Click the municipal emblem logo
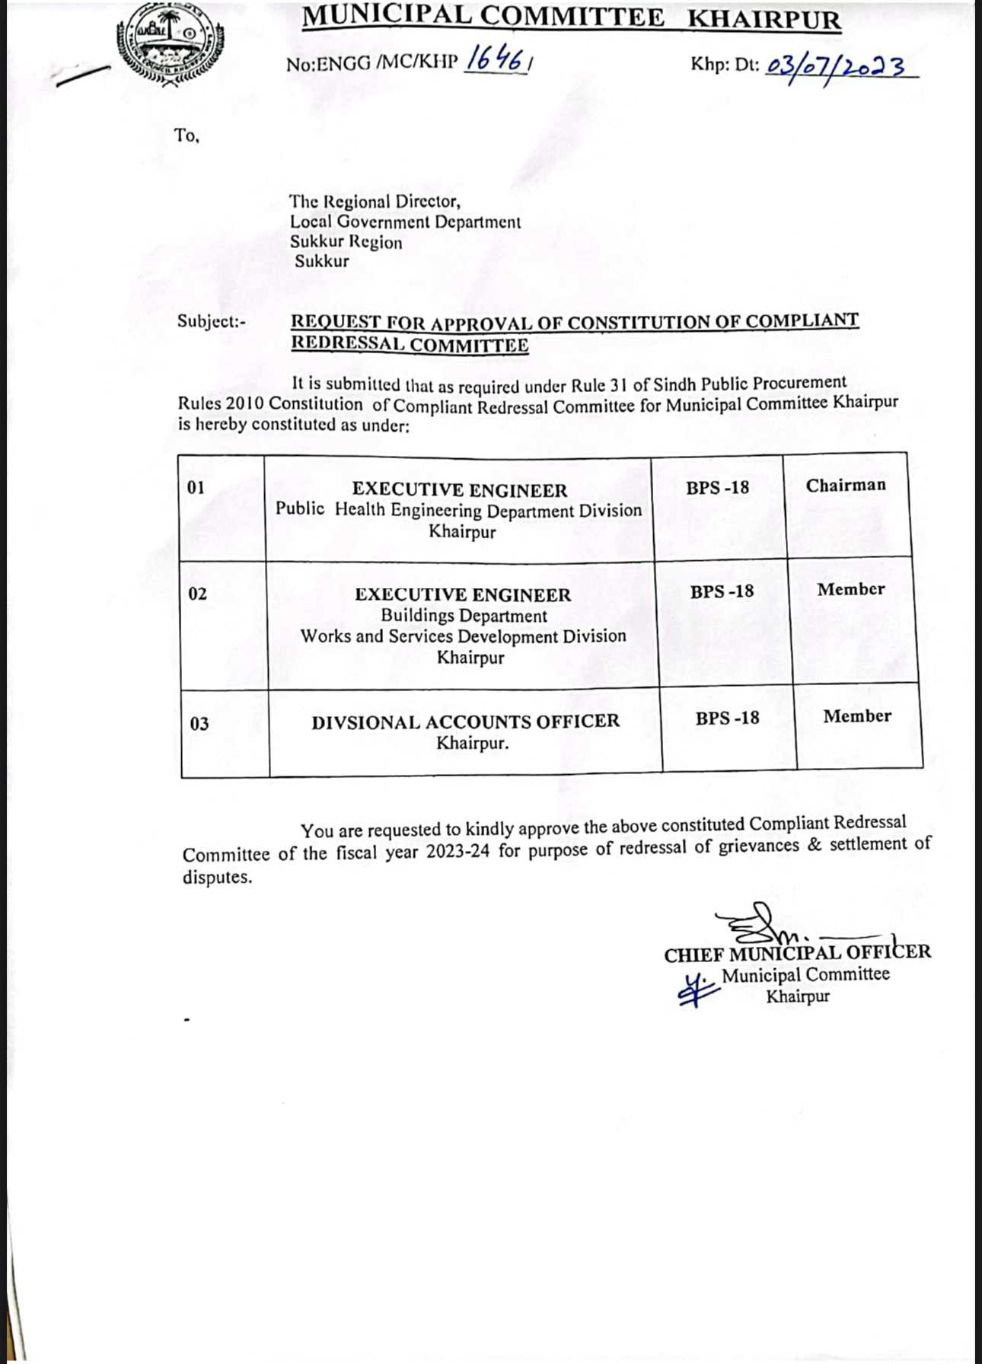click(171, 44)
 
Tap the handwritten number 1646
click(496, 59)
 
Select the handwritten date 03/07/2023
click(836, 68)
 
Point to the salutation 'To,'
click(187, 136)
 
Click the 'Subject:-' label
click(212, 321)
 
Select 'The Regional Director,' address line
click(375, 202)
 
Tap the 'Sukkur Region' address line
click(346, 242)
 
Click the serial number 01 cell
click(196, 487)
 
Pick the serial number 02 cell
click(198, 594)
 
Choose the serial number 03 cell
click(199, 723)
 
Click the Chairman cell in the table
click(846, 486)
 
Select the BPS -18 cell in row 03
click(727, 718)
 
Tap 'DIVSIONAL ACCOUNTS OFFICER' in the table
click(465, 722)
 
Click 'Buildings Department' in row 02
click(464, 616)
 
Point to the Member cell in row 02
click(851, 590)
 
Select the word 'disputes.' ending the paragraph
click(217, 878)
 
